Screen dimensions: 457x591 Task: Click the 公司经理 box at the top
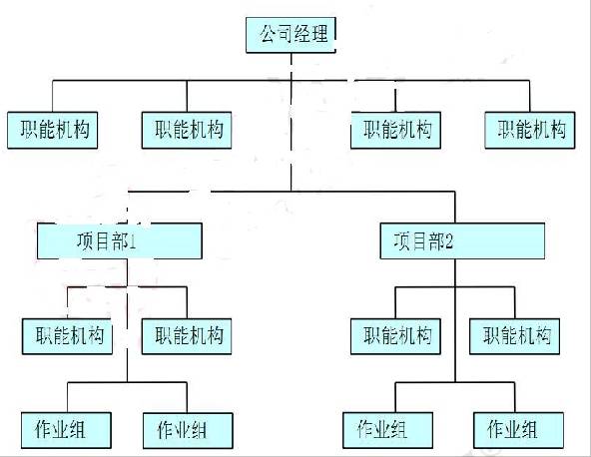point(291,35)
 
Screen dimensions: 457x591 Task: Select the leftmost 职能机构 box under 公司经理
point(53,130)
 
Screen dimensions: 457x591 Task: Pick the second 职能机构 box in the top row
point(188,130)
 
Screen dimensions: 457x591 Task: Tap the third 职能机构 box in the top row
point(395,130)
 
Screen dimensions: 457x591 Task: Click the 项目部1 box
point(120,240)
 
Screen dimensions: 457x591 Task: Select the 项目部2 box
point(463,240)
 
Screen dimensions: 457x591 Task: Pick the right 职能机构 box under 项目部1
point(188,335)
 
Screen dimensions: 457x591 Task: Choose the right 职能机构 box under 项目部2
point(515,335)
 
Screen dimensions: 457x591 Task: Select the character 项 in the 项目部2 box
point(402,240)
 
